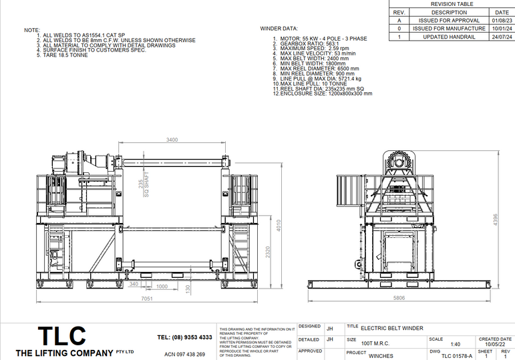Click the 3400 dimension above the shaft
172,140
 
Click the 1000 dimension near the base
162,287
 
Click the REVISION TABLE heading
451,4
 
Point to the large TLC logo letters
61,336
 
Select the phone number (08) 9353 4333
184,337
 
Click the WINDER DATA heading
279,29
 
